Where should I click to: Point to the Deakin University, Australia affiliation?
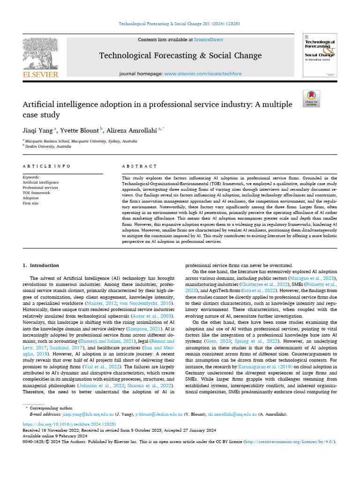pos(49,146)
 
